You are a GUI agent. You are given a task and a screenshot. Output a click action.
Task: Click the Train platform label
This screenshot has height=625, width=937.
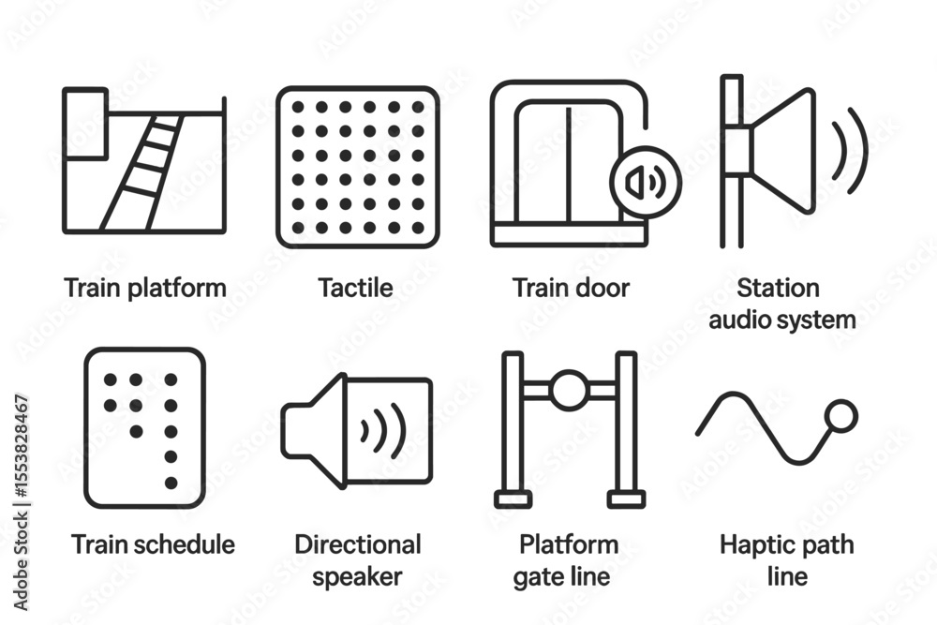point(145,288)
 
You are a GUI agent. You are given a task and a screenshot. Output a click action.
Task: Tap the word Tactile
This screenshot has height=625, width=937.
point(355,288)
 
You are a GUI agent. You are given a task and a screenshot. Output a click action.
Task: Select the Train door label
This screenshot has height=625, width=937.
point(572,288)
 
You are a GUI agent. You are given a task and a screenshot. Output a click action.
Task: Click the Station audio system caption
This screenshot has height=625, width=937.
point(781,304)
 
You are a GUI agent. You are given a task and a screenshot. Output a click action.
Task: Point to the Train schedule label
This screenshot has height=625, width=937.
point(153,544)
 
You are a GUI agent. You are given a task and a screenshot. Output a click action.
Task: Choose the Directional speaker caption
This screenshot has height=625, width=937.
point(357,560)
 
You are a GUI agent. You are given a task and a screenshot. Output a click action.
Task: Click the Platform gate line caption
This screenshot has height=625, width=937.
point(565,560)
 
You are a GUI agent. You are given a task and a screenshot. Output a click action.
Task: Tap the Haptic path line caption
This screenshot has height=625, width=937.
point(787,560)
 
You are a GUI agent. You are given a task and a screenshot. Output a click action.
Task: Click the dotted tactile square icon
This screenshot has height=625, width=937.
point(358,168)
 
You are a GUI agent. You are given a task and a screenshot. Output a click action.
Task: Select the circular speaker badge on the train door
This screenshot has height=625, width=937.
point(646,182)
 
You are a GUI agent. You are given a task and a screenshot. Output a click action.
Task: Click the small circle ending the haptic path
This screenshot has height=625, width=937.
point(840,416)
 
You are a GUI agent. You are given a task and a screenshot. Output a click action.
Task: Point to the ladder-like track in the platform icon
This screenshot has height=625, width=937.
point(142,172)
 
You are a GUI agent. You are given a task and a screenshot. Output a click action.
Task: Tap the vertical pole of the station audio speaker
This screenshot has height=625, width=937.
point(732,161)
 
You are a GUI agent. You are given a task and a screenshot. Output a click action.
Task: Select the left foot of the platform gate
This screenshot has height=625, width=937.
point(513,499)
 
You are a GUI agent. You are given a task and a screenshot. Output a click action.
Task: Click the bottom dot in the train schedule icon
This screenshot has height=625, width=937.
point(171,483)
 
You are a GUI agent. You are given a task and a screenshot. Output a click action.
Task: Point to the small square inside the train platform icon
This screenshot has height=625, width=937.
point(85,124)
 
